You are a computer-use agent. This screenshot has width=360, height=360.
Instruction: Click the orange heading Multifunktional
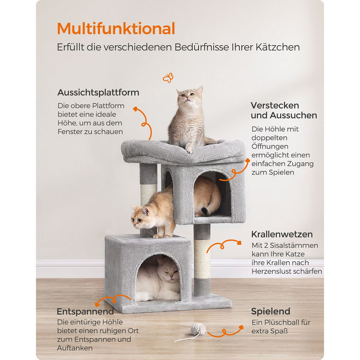tap(116, 28)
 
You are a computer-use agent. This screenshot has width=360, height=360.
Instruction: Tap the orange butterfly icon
tap(168, 78)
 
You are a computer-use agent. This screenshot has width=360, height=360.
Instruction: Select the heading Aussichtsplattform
tap(98, 93)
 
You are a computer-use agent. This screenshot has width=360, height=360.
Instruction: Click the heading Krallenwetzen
tap(282, 234)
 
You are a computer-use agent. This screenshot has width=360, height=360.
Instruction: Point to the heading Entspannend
tap(85, 312)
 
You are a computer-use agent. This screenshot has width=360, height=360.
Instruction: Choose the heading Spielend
tap(271, 311)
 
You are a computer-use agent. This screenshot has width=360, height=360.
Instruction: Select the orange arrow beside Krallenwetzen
tap(224, 244)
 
